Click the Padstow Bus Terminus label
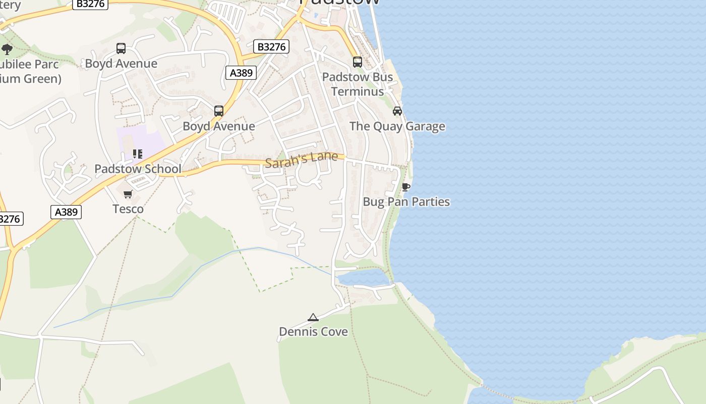tap(358, 84)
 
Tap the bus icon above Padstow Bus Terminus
tap(358, 62)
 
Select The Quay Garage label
tap(397, 126)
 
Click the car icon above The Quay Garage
tap(397, 111)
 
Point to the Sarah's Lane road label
tap(301, 160)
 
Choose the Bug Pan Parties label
tap(406, 202)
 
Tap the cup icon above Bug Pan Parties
tap(405, 187)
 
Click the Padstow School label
tap(138, 169)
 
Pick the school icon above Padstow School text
tap(137, 154)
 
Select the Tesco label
tap(128, 209)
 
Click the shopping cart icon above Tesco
tap(128, 194)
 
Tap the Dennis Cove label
tap(313, 332)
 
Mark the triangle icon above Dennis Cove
tap(313, 317)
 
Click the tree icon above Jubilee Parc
tap(7, 49)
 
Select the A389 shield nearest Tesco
tap(66, 212)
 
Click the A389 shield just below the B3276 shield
tap(241, 73)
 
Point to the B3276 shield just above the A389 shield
tap(271, 47)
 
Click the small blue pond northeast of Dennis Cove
tap(363, 277)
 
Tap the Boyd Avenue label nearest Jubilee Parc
tap(121, 64)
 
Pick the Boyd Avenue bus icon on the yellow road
tap(219, 111)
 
